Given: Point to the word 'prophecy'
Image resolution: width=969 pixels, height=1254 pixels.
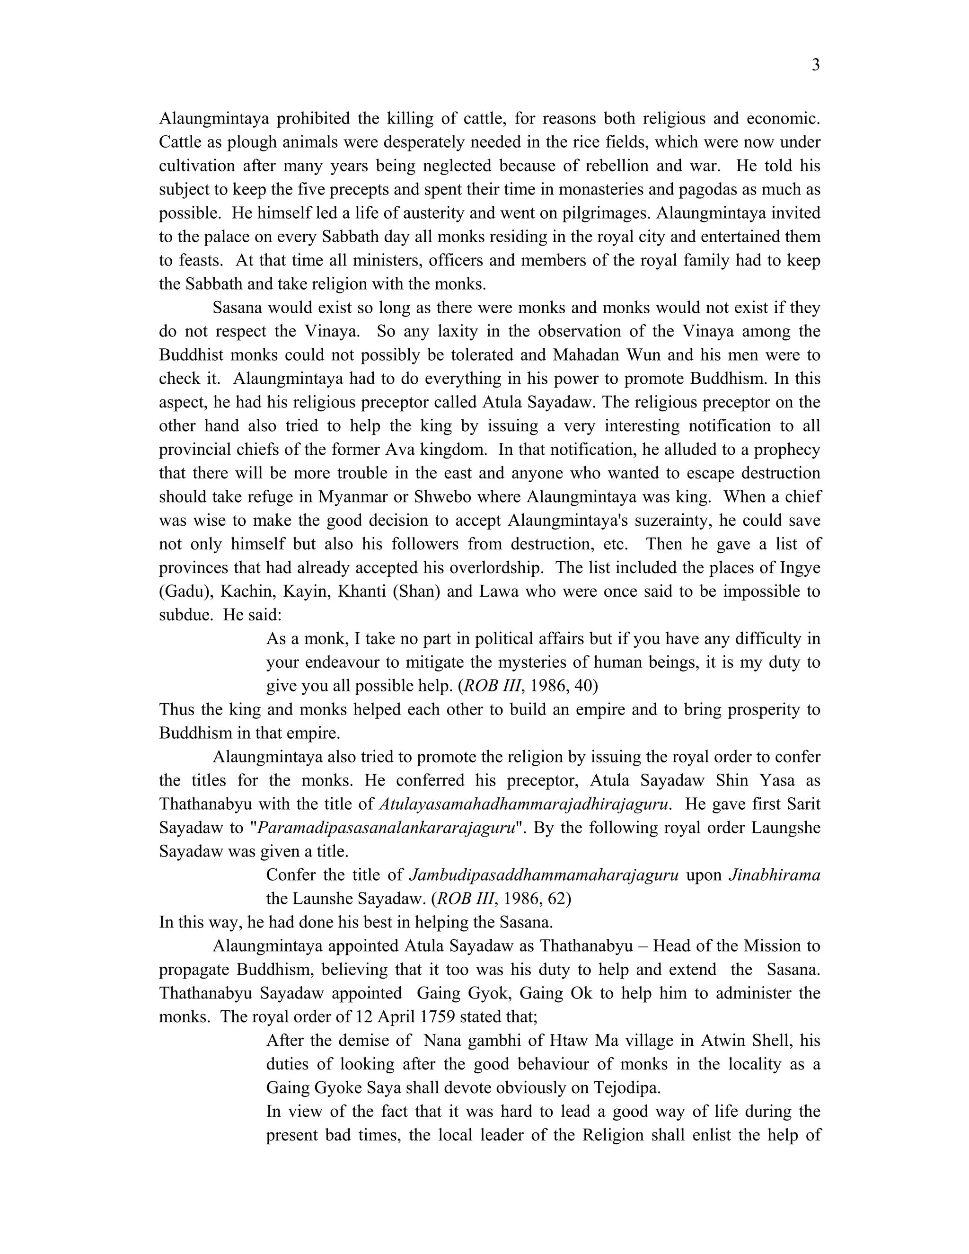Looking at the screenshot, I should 787,449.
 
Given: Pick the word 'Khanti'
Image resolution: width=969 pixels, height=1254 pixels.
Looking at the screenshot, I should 361,591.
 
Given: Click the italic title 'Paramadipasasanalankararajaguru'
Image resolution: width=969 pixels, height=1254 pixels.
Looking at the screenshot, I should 385,827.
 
